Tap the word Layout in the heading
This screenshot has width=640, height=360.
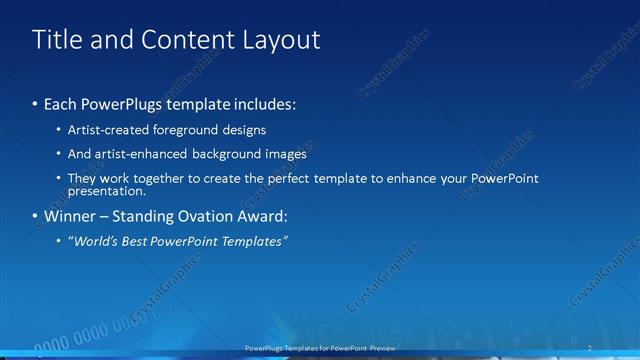point(280,40)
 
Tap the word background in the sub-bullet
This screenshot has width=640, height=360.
point(233,154)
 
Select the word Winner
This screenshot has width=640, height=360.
point(70,216)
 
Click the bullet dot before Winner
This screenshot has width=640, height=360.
point(36,216)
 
